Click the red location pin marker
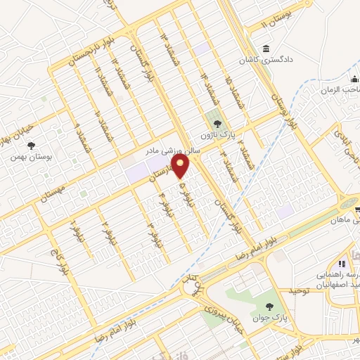[182, 167]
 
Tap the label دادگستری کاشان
[267, 61]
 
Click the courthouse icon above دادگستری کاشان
[267, 49]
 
